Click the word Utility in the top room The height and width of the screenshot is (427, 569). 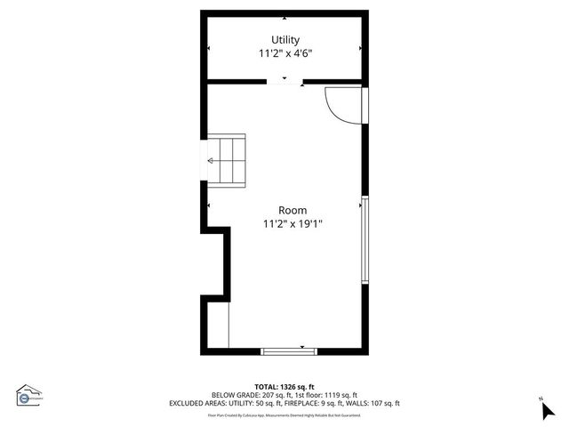pyautogui.click(x=285, y=40)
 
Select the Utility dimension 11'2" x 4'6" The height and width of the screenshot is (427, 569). pyautogui.click(x=285, y=53)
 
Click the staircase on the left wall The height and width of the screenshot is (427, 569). pyautogui.click(x=227, y=161)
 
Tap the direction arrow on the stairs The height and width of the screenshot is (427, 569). pyautogui.click(x=212, y=161)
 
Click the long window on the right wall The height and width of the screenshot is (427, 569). pyautogui.click(x=365, y=240)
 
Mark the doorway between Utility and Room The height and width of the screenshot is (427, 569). pyautogui.click(x=284, y=82)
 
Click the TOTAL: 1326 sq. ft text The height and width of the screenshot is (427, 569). pyautogui.click(x=284, y=387)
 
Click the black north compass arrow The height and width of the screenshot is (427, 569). pyautogui.click(x=548, y=410)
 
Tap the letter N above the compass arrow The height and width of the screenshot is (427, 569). pyautogui.click(x=541, y=399)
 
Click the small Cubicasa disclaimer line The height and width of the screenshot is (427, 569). pyautogui.click(x=284, y=415)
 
